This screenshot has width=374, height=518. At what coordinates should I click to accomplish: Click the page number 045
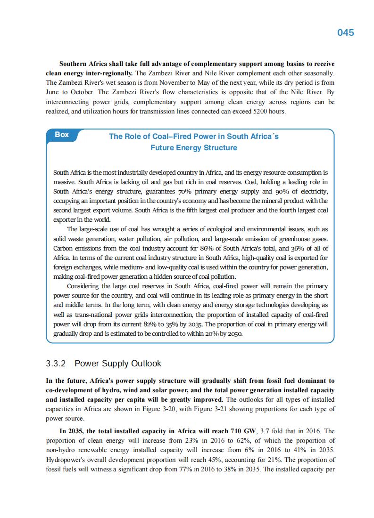click(x=345, y=32)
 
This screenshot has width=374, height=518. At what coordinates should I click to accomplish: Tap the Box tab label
click(x=62, y=135)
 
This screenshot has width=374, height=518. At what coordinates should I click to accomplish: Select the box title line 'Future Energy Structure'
click(x=193, y=148)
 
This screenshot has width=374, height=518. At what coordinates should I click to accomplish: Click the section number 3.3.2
click(x=57, y=364)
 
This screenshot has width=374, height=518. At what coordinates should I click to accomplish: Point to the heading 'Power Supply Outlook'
click(x=118, y=364)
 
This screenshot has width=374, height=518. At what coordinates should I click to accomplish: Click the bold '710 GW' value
click(x=241, y=431)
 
